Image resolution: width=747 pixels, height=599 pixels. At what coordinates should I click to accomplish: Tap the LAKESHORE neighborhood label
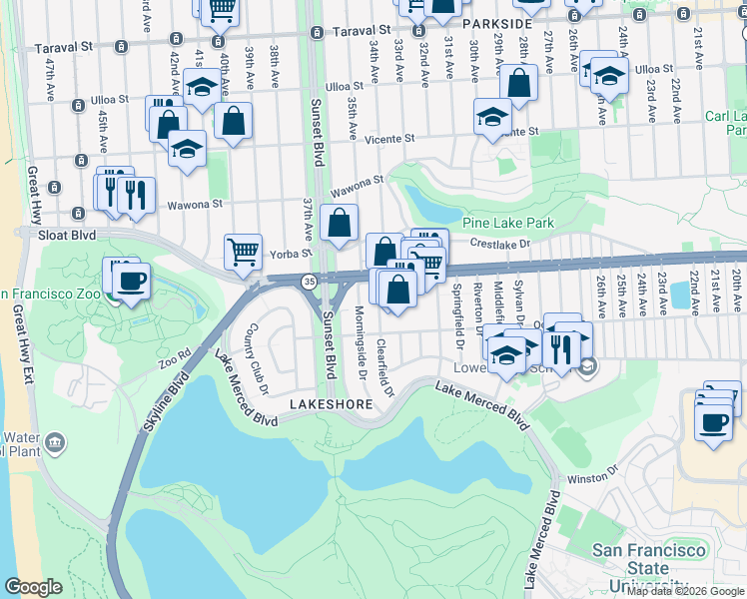(331, 404)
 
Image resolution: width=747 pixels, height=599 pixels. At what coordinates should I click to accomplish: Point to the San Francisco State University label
(650, 567)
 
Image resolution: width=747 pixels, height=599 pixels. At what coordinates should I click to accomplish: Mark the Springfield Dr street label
(459, 310)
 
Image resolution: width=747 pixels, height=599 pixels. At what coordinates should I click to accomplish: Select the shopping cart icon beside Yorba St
(243, 252)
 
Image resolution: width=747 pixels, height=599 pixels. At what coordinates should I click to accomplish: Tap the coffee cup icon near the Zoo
(130, 280)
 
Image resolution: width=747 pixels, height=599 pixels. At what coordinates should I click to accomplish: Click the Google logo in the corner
(33, 587)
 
